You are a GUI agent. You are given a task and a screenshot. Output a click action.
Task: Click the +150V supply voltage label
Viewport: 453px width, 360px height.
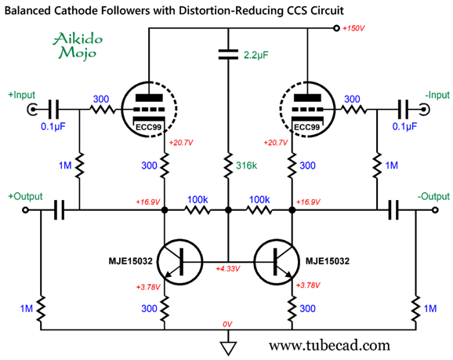[x=353, y=28]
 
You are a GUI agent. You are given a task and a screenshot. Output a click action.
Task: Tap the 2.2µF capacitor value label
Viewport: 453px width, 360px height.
[x=256, y=55]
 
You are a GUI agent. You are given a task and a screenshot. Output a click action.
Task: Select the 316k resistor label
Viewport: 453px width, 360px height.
[x=246, y=165]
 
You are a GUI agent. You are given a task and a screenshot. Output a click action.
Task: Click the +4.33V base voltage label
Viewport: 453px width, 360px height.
[x=228, y=268]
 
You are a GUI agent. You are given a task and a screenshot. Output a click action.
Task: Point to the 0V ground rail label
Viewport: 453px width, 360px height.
[x=227, y=325]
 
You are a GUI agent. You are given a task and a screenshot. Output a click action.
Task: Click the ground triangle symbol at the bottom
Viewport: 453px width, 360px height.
[x=228, y=348]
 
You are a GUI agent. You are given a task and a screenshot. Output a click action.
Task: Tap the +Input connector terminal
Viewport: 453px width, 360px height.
[x=32, y=110]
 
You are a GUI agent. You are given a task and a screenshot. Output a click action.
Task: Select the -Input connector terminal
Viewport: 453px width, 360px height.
[x=425, y=110]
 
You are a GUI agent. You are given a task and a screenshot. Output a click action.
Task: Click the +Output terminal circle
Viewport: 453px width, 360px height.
[x=25, y=210]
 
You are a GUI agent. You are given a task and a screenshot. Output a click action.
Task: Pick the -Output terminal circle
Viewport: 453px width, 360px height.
[x=435, y=210]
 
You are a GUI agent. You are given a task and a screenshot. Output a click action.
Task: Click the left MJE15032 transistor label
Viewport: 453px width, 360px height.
[x=130, y=261]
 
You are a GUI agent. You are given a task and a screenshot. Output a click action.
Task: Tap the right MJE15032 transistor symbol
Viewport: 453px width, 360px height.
[x=277, y=262]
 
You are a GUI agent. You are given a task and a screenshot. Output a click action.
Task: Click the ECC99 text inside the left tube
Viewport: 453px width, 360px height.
[x=148, y=127]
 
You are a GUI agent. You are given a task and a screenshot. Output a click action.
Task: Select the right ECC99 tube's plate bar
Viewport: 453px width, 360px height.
[x=307, y=98]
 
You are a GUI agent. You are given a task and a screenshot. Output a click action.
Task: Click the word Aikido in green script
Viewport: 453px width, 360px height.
[x=78, y=39]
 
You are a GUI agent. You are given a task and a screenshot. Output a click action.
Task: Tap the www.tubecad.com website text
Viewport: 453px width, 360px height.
[x=329, y=345]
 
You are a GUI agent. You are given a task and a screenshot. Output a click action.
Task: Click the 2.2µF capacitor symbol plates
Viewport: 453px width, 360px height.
[x=228, y=54]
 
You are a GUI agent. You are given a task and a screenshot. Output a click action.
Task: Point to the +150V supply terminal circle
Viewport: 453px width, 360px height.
[x=336, y=28]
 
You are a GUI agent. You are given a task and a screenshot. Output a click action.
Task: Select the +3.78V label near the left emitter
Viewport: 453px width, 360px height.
[x=148, y=287]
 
